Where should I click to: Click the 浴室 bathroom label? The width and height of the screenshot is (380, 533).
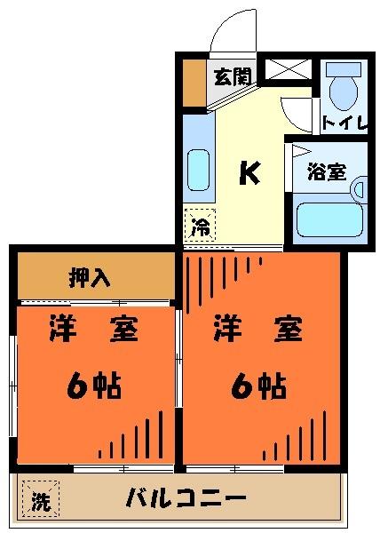(x=326, y=171)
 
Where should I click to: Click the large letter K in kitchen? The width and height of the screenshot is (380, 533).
(x=249, y=173)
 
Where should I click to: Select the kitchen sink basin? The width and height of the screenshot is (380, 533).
(x=200, y=167)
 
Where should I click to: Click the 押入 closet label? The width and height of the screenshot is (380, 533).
(x=91, y=278)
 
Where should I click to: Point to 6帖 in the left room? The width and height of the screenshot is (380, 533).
(x=93, y=386)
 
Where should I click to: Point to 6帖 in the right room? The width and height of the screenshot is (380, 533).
(x=259, y=386)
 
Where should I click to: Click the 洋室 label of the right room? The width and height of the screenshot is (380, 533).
(x=257, y=331)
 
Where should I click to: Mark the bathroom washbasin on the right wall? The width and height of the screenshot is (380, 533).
(x=358, y=188)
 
